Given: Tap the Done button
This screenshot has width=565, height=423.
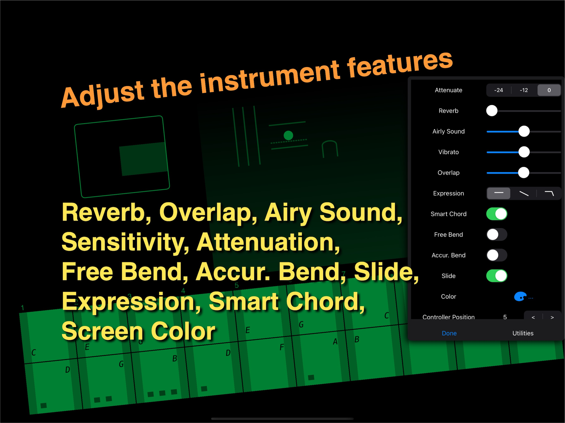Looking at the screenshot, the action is click(449, 333).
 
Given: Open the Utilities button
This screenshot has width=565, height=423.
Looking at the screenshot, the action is click(523, 333).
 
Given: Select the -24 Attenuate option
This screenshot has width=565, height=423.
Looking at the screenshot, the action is click(498, 90).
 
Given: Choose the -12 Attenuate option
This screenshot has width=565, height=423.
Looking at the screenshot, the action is click(524, 90).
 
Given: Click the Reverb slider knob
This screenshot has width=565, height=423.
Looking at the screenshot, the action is click(492, 111).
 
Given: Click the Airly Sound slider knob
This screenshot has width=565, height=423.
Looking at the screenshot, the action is click(524, 131).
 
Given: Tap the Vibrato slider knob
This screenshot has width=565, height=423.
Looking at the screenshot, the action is click(524, 152).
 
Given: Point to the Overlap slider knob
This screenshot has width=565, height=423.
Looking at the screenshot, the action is click(523, 173).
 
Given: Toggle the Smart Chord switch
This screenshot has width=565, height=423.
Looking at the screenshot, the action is click(497, 214).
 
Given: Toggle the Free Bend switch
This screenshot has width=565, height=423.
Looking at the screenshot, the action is click(497, 234).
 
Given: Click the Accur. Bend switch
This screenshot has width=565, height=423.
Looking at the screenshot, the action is click(497, 255).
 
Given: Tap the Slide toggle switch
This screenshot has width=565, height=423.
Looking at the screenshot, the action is click(497, 276).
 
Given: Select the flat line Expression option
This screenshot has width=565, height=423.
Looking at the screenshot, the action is click(499, 193).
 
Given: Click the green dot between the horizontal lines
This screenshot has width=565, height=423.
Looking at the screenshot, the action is click(288, 135).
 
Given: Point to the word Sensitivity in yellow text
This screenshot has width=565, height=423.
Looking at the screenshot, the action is click(125, 242).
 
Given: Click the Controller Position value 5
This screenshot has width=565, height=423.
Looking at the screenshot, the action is click(505, 317).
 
